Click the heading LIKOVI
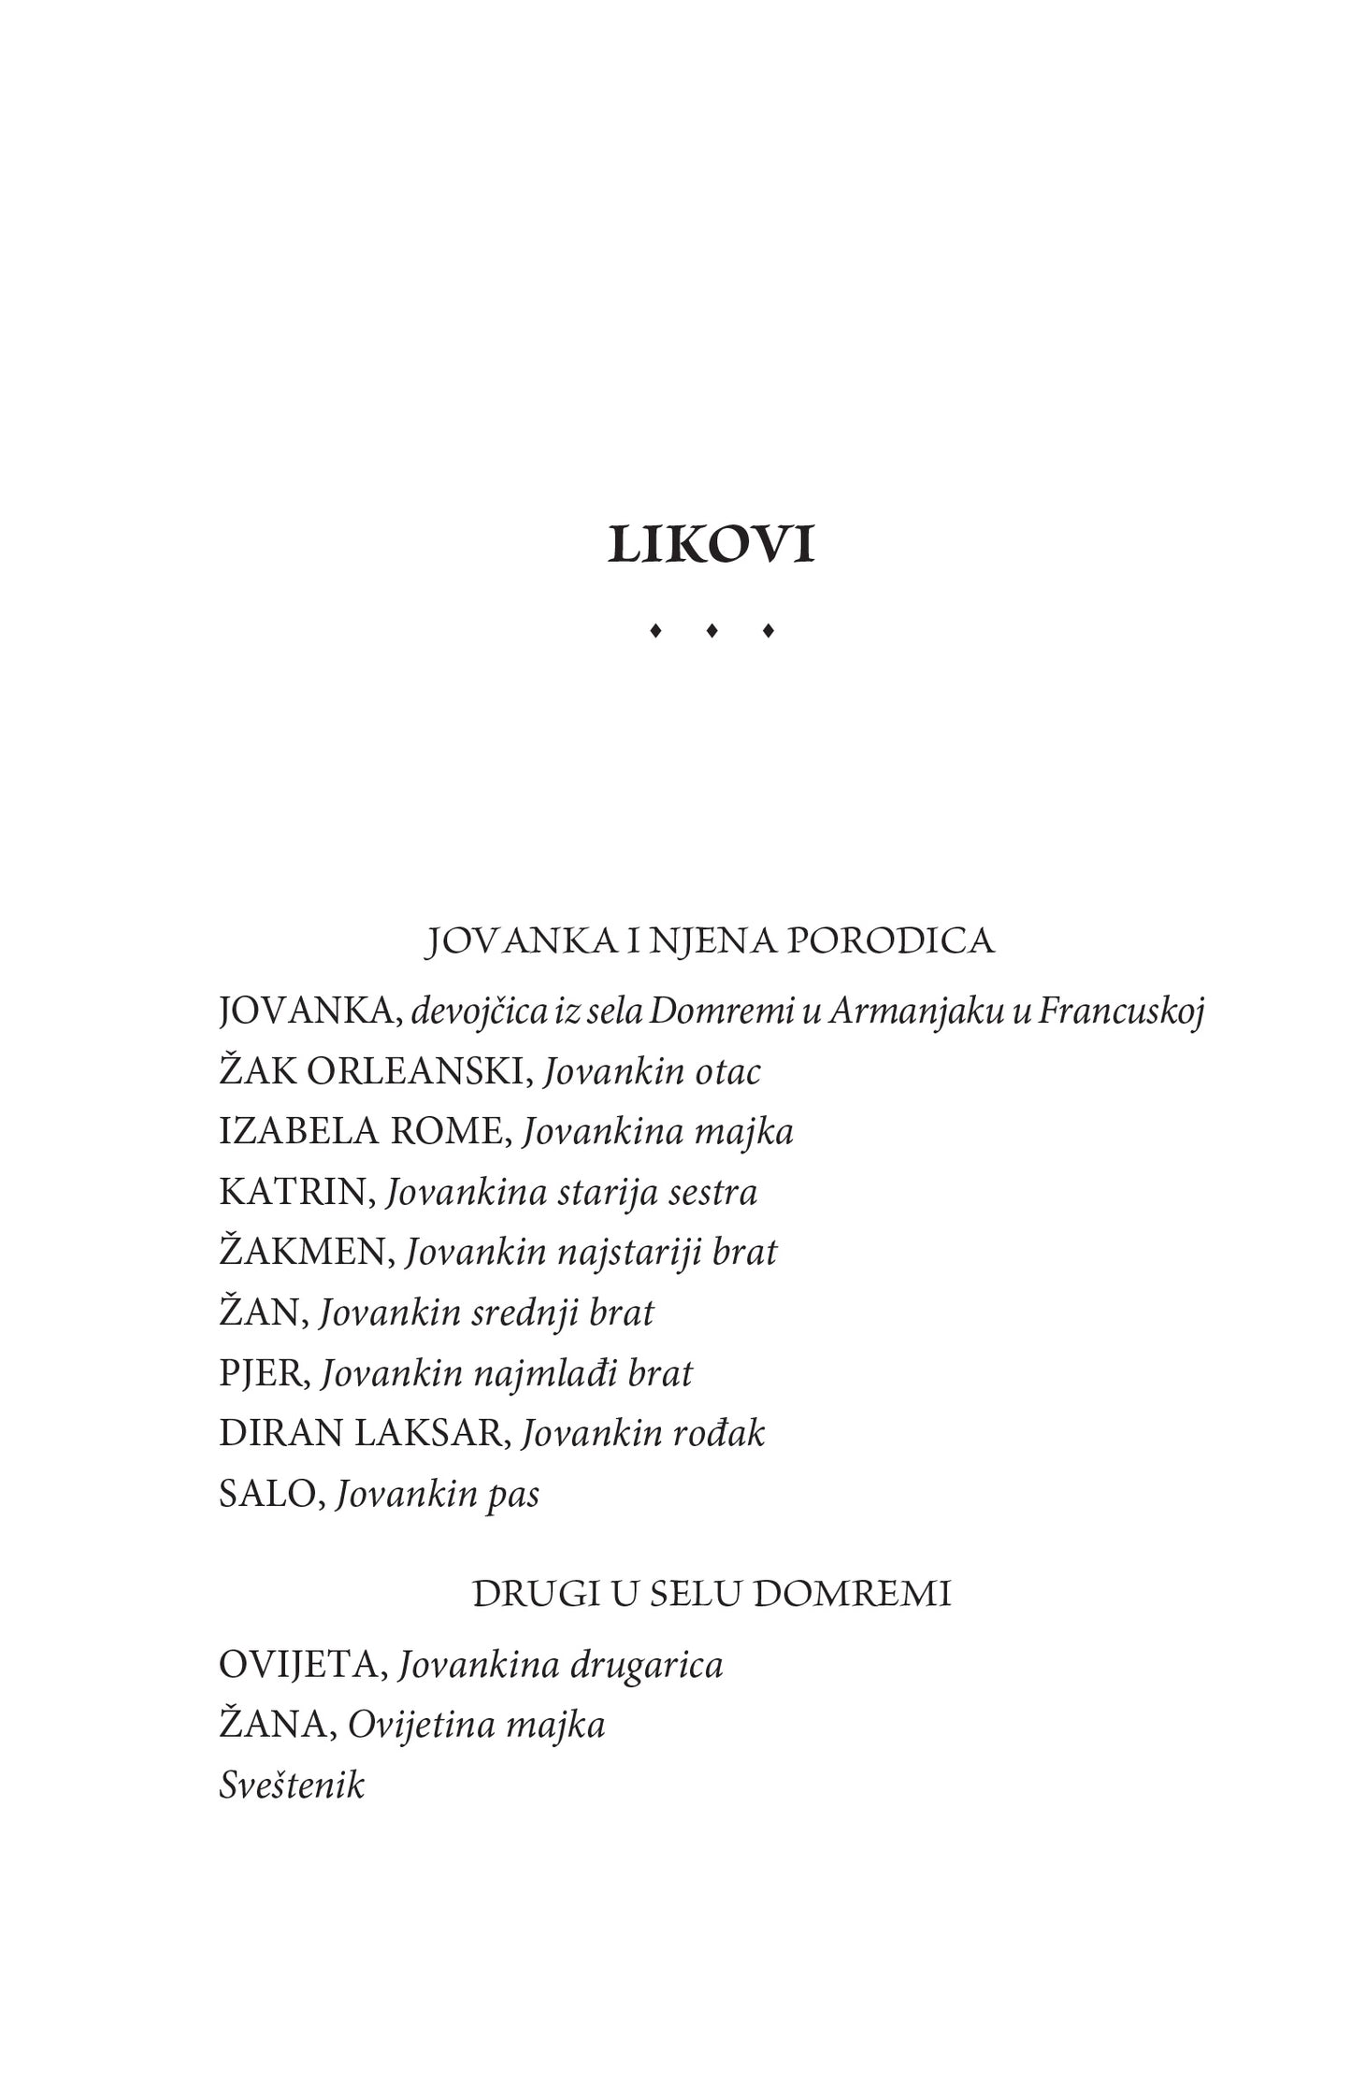coord(711,545)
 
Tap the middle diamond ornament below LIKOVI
coord(711,631)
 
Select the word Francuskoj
coord(1121,1011)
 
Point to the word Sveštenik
coord(291,1785)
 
